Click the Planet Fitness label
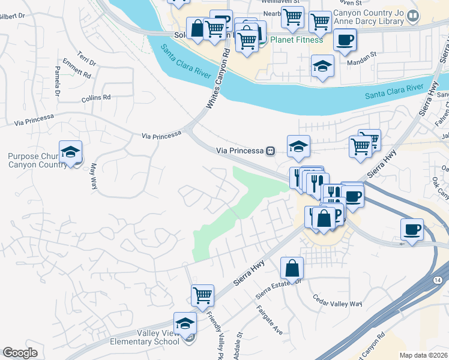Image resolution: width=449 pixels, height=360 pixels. point(297,40)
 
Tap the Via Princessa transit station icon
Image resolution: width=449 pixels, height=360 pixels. point(271,151)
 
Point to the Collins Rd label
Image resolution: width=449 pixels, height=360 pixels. point(97,97)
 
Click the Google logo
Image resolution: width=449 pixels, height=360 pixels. point(20,353)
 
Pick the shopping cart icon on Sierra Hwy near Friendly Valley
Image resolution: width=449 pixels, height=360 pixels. point(202,295)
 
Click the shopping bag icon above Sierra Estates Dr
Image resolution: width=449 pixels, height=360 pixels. point(292,268)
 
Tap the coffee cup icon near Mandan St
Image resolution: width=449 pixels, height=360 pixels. point(345,40)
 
